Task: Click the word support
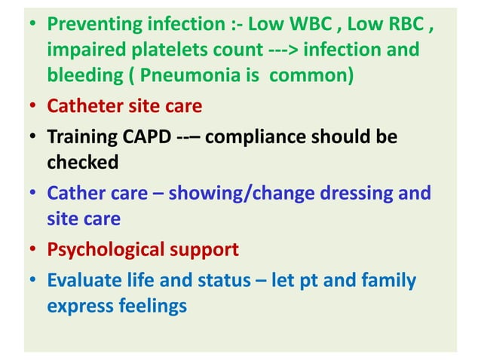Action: pyautogui.click(x=207, y=249)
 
